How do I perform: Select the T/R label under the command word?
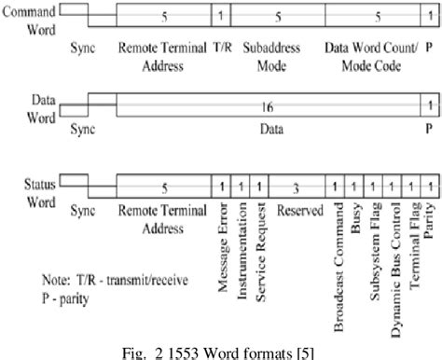click(x=221, y=45)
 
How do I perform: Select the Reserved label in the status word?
click(x=294, y=229)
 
